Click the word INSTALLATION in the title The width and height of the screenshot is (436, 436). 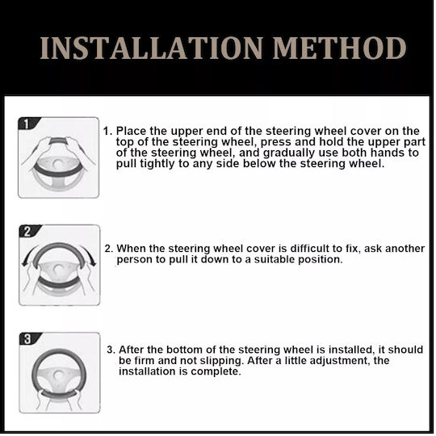pos(151,48)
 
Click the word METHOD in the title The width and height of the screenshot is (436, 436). pos(339,48)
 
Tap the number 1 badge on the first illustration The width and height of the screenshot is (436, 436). pos(27,124)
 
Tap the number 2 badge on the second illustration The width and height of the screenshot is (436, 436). pos(27,231)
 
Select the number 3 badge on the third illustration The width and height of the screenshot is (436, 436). pos(27,338)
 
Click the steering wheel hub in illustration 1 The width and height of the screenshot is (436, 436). pos(58,164)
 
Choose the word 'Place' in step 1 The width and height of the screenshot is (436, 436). pos(131,131)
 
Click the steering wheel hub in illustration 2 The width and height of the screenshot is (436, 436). pos(58,268)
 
